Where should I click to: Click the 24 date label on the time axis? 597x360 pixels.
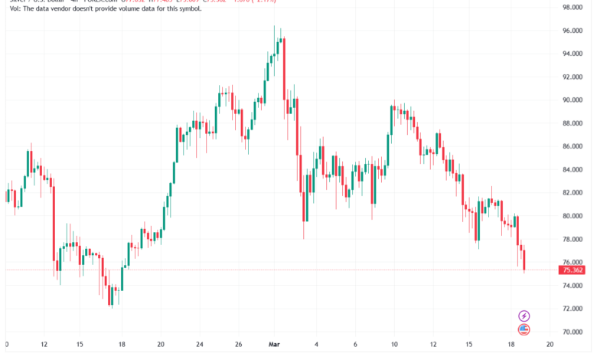[199, 345]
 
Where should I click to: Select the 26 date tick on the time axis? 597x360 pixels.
[238, 345]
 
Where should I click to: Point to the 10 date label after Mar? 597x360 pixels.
[393, 345]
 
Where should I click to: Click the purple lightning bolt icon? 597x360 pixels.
[524, 316]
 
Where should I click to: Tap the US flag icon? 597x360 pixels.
[524, 329]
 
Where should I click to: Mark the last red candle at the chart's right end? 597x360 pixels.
[525, 260]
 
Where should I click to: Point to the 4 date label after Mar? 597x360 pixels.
[316, 345]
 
